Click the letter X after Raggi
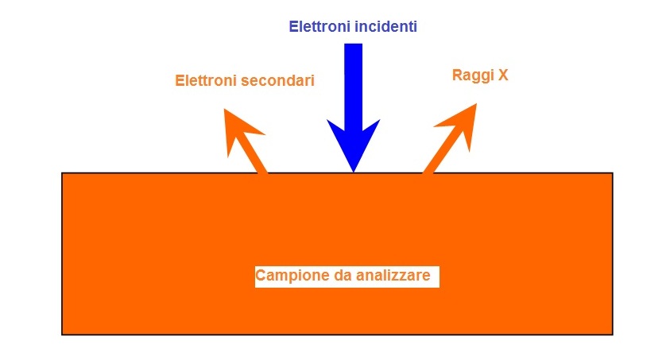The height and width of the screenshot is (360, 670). point(502,76)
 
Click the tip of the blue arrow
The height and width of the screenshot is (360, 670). point(354,171)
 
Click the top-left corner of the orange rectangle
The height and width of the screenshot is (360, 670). point(62,173)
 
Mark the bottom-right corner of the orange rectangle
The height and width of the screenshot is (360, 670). point(612,334)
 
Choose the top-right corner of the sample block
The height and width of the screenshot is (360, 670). point(612,173)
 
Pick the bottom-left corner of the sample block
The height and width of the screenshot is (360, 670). point(62,334)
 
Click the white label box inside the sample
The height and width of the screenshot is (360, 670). point(347,277)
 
